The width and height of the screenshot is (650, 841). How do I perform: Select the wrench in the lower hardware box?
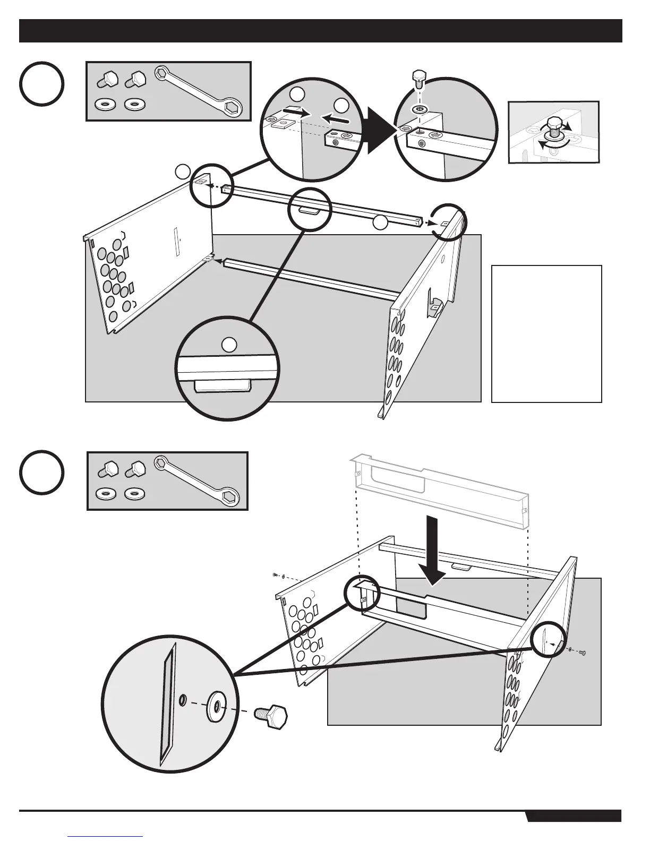pyautogui.click(x=198, y=480)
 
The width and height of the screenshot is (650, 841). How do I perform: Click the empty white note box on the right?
pyautogui.click(x=546, y=333)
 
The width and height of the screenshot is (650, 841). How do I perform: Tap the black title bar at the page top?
pyautogui.click(x=320, y=31)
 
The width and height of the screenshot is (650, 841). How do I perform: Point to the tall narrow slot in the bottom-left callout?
pyautogui.click(x=168, y=701)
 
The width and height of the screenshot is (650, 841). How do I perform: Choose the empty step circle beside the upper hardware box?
pyautogui.click(x=42, y=84)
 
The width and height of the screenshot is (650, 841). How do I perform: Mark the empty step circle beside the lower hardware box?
pyautogui.click(x=42, y=472)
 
